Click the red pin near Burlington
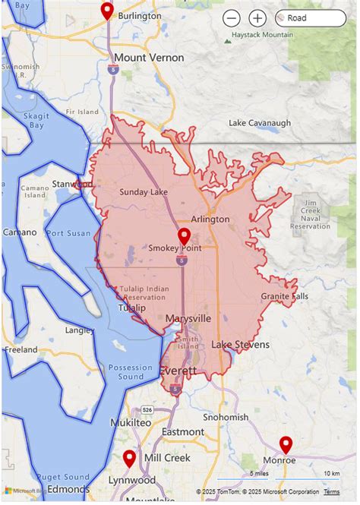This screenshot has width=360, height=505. [x=107, y=10]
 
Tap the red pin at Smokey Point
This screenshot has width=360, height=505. [x=184, y=236]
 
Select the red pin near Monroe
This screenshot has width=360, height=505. [x=286, y=444]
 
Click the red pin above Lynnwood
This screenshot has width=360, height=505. [x=129, y=458]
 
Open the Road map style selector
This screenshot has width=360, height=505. [x=310, y=17]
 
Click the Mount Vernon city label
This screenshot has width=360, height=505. [x=149, y=58]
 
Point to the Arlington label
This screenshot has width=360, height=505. [x=210, y=219]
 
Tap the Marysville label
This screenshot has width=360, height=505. [x=188, y=319]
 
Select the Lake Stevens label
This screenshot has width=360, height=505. [x=240, y=345]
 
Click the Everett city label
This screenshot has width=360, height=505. [x=178, y=371]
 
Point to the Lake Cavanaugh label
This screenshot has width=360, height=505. [x=260, y=123]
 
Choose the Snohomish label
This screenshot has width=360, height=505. [x=226, y=417]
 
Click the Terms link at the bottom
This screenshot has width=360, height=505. [x=331, y=492]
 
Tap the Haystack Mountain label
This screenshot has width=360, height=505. [x=263, y=35]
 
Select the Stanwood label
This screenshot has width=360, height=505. [x=72, y=185]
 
